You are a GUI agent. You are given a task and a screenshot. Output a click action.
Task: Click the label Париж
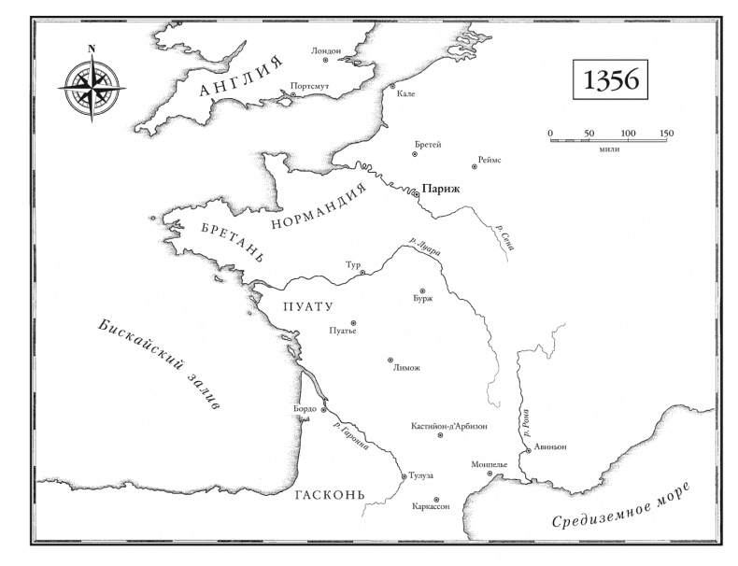pyautogui.click(x=441, y=188)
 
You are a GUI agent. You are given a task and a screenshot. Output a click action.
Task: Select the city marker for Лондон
pyautogui.click(x=326, y=61)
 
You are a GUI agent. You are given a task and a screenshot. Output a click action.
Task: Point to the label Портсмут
pyautogui.click(x=309, y=86)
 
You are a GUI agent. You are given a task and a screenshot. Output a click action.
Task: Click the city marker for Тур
pyautogui.click(x=362, y=273)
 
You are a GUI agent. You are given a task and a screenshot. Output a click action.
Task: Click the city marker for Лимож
pyautogui.click(x=390, y=360)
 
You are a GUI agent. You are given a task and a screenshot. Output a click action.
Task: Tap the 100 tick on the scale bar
pyautogui.click(x=628, y=138)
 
